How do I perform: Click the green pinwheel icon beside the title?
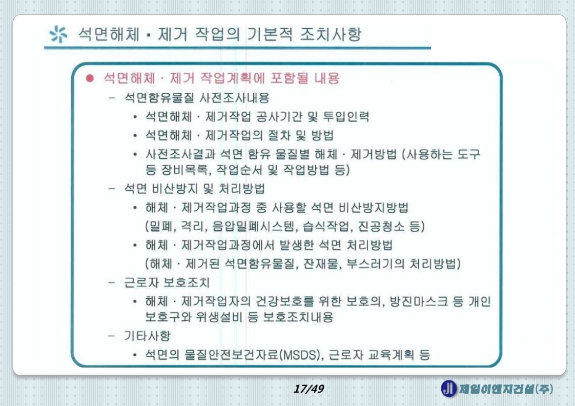pyautogui.click(x=58, y=35)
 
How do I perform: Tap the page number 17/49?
pyautogui.click(x=308, y=390)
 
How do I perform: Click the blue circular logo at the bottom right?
pyautogui.click(x=448, y=389)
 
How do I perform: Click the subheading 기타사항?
pyautogui.click(x=147, y=336)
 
